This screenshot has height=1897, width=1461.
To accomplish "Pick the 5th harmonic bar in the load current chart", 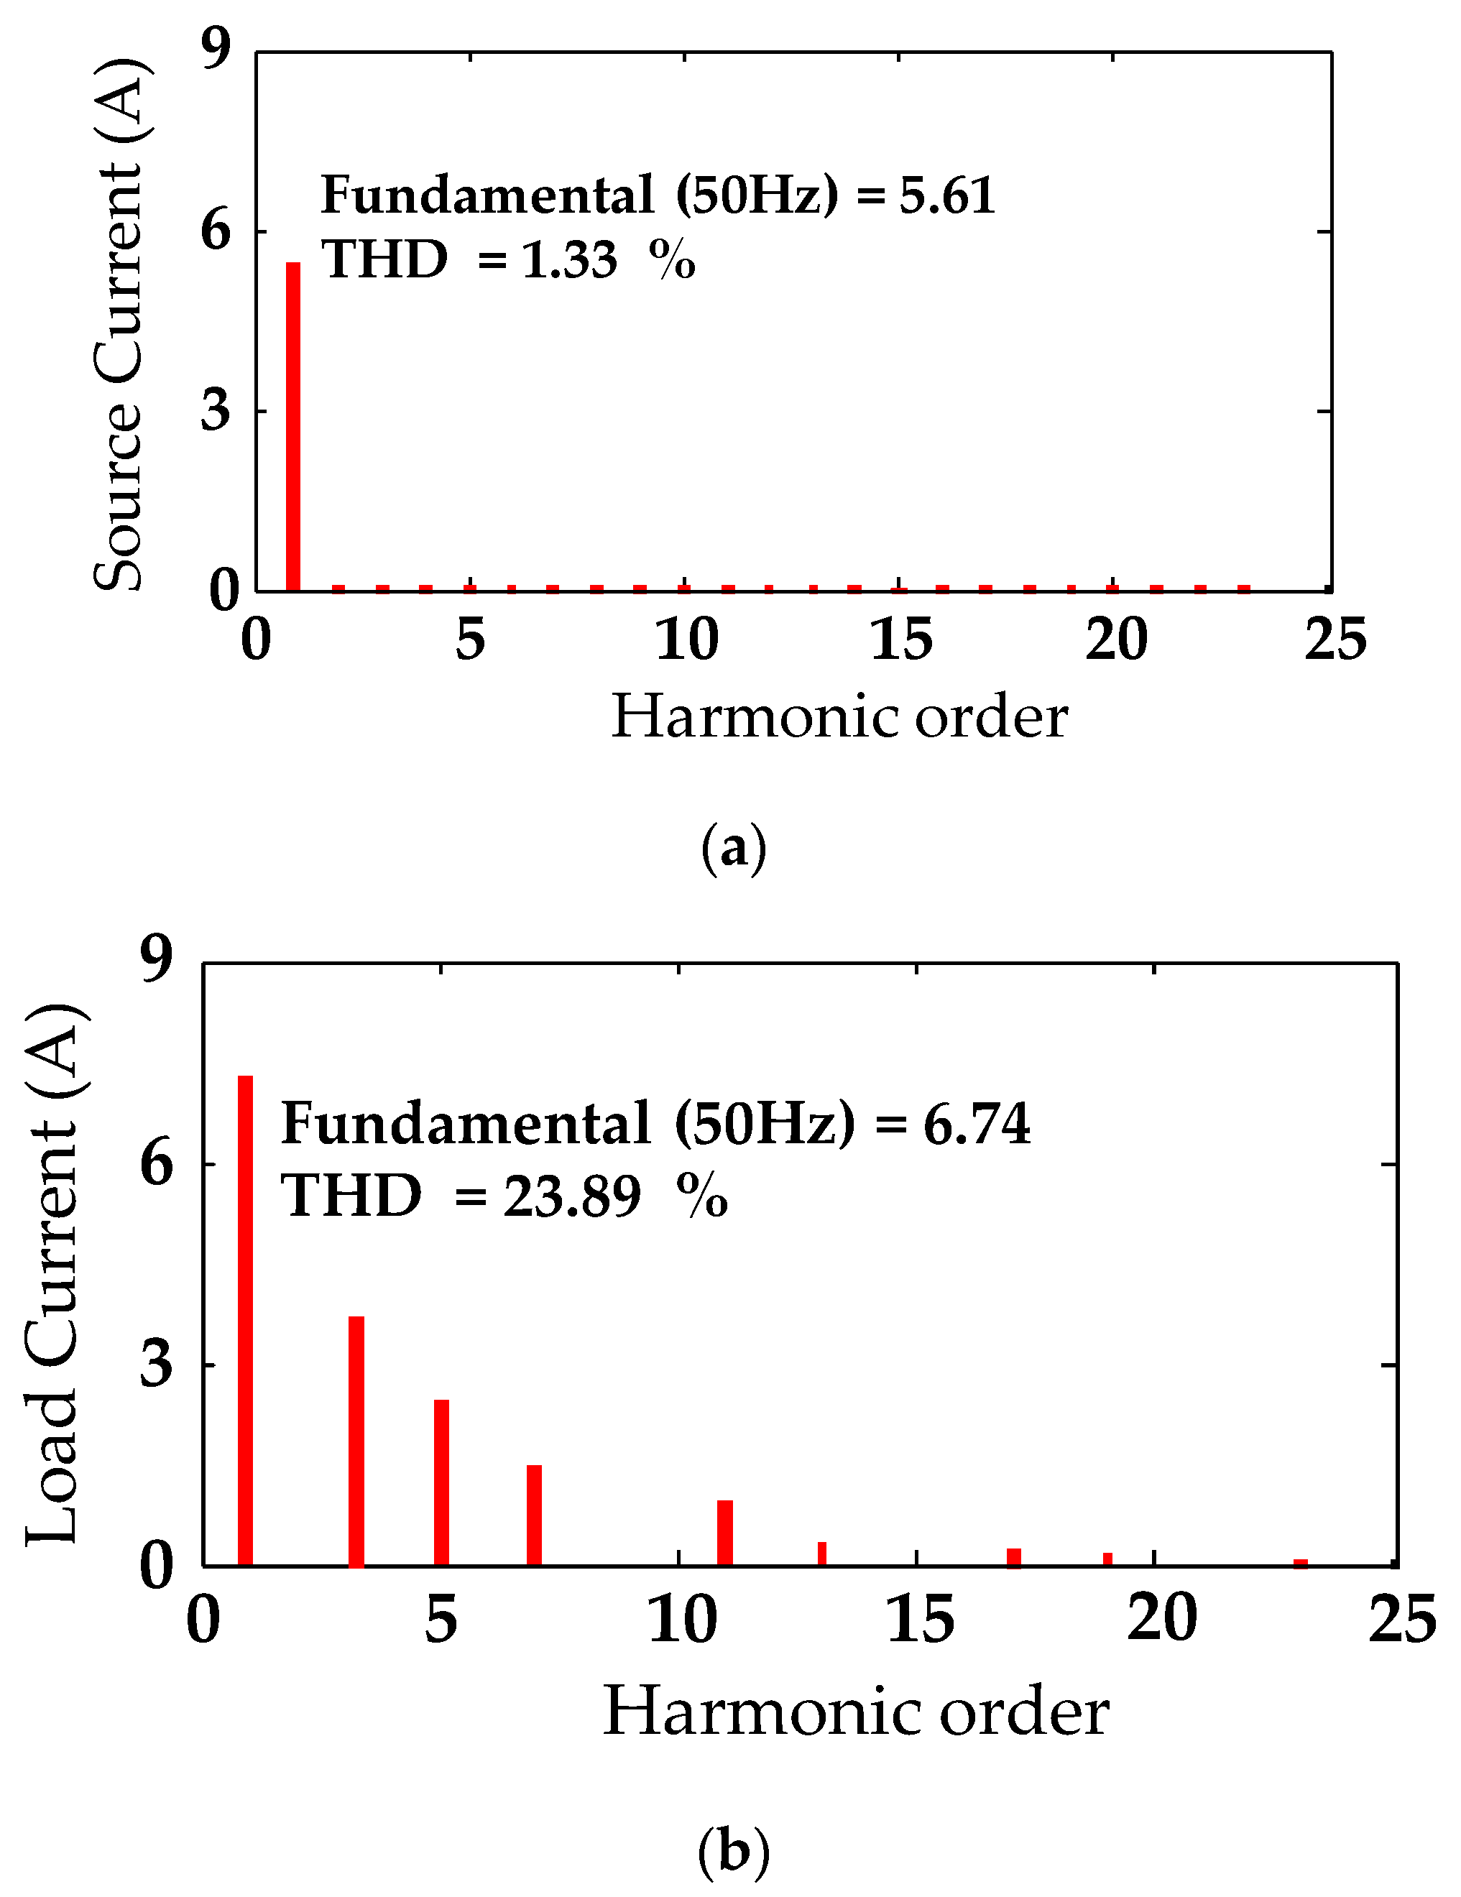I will pos(441,1482).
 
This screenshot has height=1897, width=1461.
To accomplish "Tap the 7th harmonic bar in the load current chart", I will pos(534,1515).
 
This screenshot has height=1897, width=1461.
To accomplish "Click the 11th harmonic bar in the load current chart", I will pos(724,1533).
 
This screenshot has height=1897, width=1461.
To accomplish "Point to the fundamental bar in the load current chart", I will pos(245,1320).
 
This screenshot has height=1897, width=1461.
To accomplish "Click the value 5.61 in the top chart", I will pos(946,195).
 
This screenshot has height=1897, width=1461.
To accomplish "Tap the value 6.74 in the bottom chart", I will pos(977,1125).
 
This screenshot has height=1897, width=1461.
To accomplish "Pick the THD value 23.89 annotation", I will pos(571,1196).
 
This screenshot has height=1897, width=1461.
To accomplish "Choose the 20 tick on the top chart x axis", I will pos(1115,641).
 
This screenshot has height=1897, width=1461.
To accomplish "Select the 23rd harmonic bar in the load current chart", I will pos(1300,1564).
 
